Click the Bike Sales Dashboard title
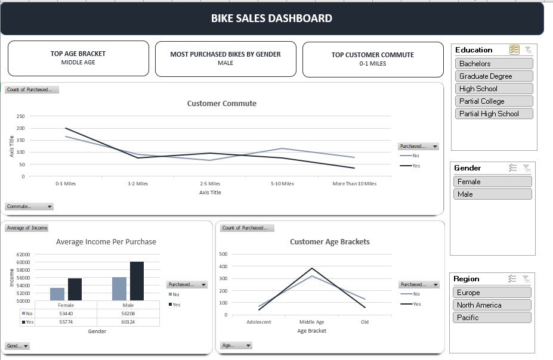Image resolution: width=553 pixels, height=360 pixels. [271, 18]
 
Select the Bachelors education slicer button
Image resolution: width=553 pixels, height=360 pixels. [493, 64]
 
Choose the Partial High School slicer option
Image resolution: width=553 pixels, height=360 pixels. [493, 114]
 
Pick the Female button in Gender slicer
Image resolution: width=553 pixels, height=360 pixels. [492, 182]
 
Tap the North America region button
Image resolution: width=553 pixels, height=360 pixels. [492, 305]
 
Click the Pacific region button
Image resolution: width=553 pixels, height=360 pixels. [492, 318]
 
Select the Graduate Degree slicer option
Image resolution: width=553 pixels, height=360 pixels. [493, 76]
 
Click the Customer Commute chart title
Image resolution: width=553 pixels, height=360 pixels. [221, 104]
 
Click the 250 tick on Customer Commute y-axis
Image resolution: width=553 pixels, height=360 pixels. [21, 116]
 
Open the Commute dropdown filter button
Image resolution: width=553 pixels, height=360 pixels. [29, 207]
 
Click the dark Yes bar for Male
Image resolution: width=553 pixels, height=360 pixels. [137, 281]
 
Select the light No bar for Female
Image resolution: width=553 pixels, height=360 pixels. [57, 294]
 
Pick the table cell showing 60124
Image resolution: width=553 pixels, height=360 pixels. [129, 322]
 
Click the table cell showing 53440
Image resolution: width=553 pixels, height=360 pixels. [67, 313]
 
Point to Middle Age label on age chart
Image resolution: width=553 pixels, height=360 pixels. [311, 322]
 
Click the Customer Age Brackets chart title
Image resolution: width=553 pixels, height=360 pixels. [329, 242]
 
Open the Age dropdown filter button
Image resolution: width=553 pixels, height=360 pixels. [236, 345]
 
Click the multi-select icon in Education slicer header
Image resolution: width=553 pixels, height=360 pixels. [514, 50]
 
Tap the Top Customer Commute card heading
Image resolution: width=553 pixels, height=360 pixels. [372, 55]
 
